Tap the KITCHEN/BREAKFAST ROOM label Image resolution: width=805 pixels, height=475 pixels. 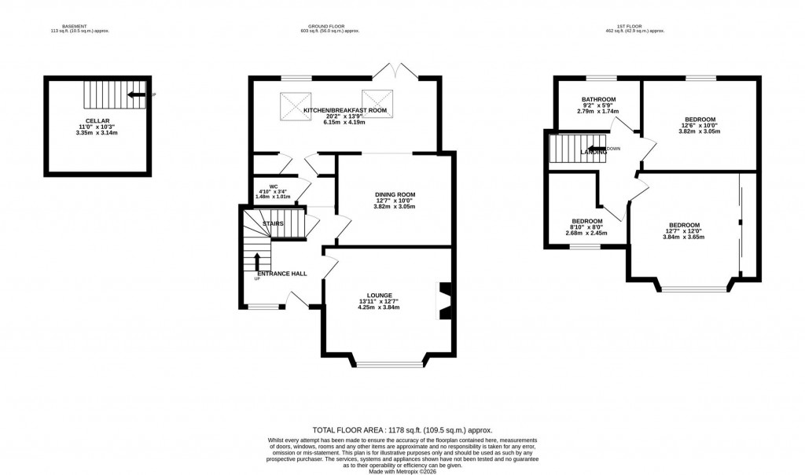(345, 110)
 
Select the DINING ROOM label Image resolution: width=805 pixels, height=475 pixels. (396, 194)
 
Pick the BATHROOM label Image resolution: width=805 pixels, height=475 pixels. (598, 99)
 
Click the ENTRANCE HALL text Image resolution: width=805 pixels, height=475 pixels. (281, 274)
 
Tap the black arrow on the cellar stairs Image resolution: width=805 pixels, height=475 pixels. (136, 95)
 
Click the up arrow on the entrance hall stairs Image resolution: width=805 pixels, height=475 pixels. (257, 260)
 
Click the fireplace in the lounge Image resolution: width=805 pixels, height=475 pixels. (445, 301)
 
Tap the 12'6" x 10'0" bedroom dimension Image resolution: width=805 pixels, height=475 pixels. (699, 125)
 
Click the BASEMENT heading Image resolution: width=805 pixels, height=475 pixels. (76, 26)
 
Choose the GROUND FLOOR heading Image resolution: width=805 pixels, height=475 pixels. (329, 26)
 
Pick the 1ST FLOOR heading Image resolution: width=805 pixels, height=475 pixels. (634, 26)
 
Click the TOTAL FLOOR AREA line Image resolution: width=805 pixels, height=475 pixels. (402, 429)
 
